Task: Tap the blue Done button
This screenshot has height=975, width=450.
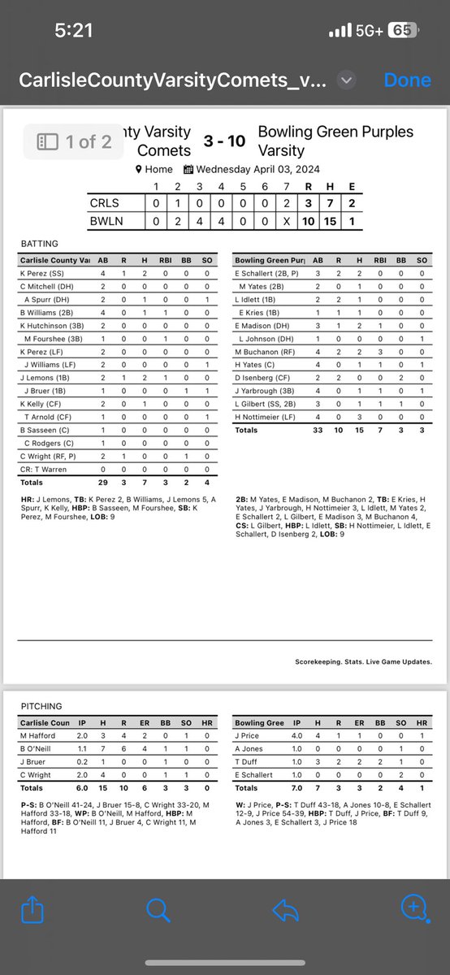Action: (407, 80)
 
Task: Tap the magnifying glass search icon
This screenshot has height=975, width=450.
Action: (158, 911)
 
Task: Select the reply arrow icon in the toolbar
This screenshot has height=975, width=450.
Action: (285, 911)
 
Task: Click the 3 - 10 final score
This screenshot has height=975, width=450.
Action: (224, 141)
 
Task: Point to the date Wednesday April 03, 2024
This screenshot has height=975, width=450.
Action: (252, 170)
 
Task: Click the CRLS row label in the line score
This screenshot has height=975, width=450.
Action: (105, 203)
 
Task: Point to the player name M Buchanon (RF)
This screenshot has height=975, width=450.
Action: (263, 352)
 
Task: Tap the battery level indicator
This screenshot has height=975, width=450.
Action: (403, 31)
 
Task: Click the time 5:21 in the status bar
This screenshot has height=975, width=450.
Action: (73, 31)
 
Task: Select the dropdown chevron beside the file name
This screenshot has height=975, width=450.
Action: (347, 80)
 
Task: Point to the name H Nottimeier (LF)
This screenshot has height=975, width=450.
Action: (265, 417)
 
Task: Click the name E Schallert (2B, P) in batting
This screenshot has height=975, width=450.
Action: (266, 274)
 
